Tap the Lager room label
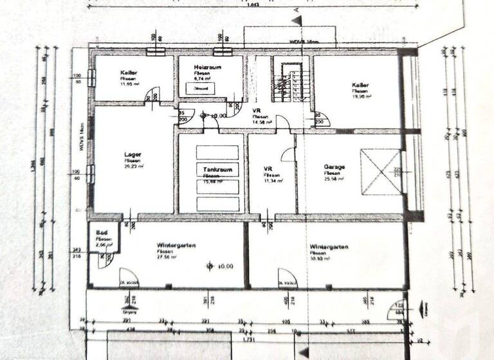[133, 154]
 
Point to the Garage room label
[334, 167]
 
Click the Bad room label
[102, 233]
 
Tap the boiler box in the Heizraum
[199, 88]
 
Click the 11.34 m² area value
[271, 181]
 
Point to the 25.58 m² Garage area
[334, 179]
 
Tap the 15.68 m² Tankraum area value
[212, 181]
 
